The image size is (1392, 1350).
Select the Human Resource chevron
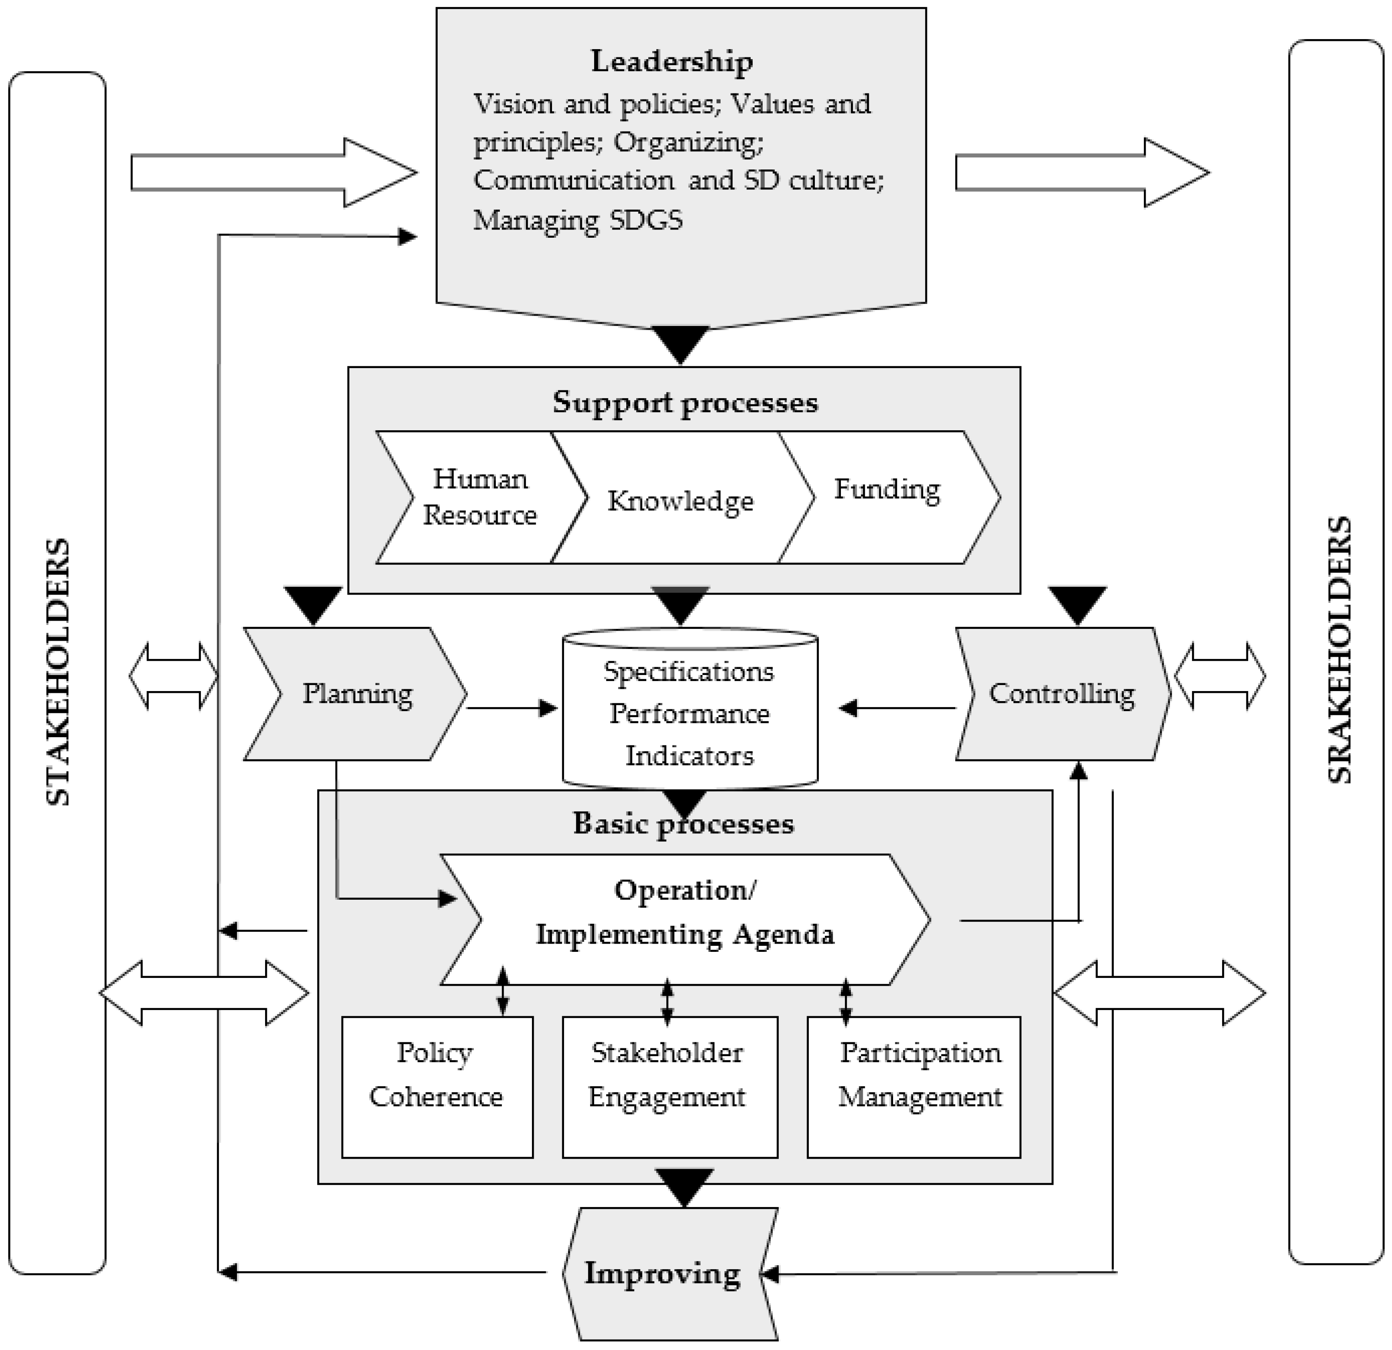[x=480, y=497]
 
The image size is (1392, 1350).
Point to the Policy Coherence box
[x=437, y=1076]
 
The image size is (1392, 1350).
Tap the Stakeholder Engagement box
[x=669, y=1076]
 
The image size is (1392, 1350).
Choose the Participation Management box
[x=914, y=1076]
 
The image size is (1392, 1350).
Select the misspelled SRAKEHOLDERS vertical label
[x=1338, y=650]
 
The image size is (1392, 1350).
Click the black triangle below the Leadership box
[x=681, y=344]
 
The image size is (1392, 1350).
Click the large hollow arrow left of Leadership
[x=273, y=173]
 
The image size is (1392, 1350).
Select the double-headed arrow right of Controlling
[x=1219, y=676]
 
